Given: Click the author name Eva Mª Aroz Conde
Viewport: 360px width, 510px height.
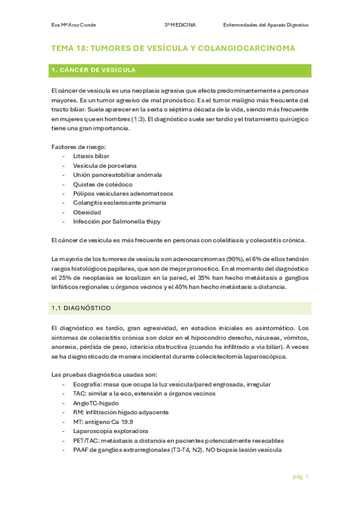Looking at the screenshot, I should point(74,25).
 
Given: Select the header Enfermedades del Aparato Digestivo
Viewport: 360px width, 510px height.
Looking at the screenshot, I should point(265,25).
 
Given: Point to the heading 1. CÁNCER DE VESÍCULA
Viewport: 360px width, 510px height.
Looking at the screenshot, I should point(93,70).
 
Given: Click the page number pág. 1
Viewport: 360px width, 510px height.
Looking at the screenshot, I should point(301,477).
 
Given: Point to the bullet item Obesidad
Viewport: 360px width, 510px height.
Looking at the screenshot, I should point(87,212).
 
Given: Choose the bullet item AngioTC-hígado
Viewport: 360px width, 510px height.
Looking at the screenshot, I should point(95,403).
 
